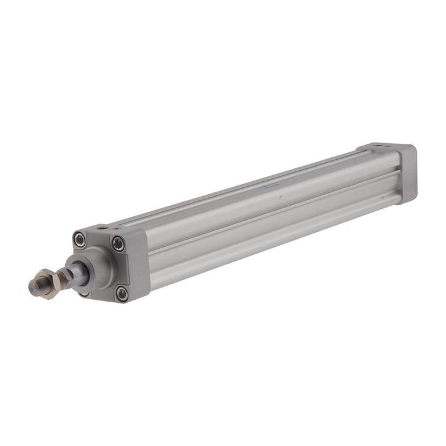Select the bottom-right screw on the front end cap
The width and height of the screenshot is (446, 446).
(120, 293)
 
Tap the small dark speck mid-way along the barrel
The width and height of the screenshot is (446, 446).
(279, 198)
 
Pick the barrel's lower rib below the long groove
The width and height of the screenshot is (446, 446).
(270, 230)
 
